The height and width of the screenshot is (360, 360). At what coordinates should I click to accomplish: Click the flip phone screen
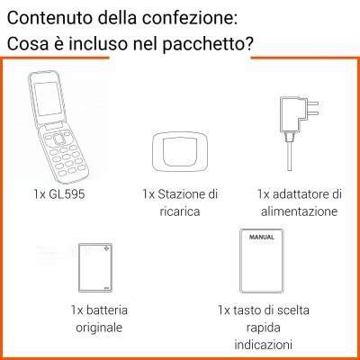pyautogui.click(x=48, y=99)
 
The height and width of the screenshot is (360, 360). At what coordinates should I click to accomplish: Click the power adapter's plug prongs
pyautogui.click(x=313, y=108)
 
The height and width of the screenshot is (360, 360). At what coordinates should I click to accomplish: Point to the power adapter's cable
pyautogui.click(x=289, y=156)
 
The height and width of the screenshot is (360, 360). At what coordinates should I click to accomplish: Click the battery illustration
pyautogui.click(x=95, y=267)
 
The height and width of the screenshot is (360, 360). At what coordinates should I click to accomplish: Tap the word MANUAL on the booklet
pyautogui.click(x=262, y=237)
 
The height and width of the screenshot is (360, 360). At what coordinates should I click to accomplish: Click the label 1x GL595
pyautogui.click(x=59, y=194)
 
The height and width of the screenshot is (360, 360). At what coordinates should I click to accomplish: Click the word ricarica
pyautogui.click(x=180, y=211)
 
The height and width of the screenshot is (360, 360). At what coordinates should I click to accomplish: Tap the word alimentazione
pyautogui.click(x=300, y=211)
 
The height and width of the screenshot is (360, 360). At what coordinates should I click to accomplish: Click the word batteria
pyautogui.click(x=107, y=310)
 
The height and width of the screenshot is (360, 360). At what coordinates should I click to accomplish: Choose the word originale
pyautogui.click(x=99, y=327)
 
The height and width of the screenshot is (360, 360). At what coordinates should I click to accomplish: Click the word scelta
pyautogui.click(x=292, y=310)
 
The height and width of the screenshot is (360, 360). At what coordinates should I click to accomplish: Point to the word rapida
pyautogui.click(x=264, y=328)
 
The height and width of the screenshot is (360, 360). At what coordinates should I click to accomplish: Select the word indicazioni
pyautogui.click(x=263, y=344)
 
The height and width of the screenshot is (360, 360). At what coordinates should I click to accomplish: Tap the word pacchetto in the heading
pyautogui.click(x=208, y=44)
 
